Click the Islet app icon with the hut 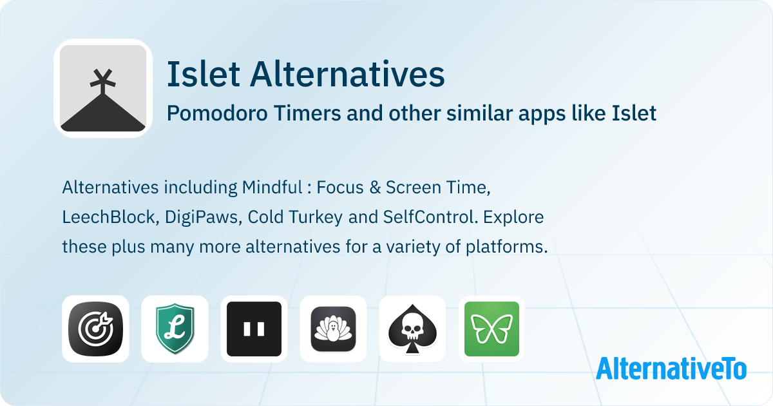click(x=103, y=89)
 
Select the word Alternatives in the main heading click(x=347, y=75)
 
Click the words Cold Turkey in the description click(x=287, y=218)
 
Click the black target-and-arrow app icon click(x=95, y=329)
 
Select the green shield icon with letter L click(x=175, y=329)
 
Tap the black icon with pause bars click(x=254, y=329)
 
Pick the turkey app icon click(x=333, y=329)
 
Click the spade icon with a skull click(x=412, y=329)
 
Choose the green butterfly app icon click(x=491, y=329)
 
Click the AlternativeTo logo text click(x=671, y=368)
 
